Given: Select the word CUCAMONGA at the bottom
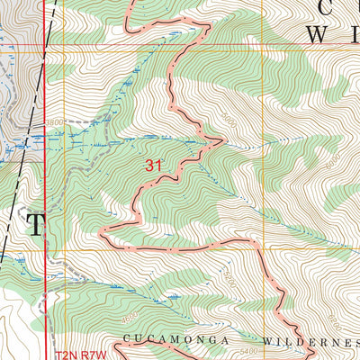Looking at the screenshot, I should pos(161,340).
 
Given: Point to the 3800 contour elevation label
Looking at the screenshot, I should pos(54,121).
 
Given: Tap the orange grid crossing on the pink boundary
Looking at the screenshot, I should pos(262,244).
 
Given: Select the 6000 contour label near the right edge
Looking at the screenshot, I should pos(334,158).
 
